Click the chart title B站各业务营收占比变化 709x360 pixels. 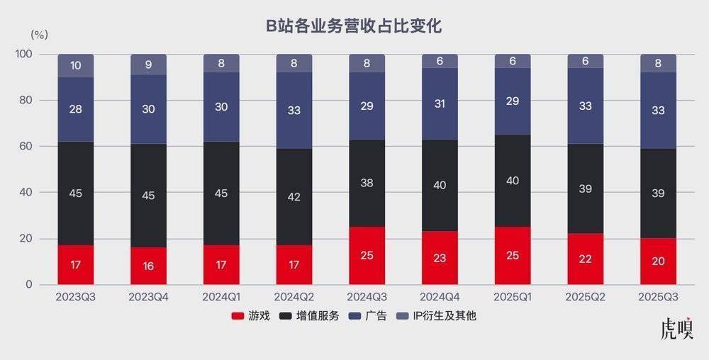(x=354, y=27)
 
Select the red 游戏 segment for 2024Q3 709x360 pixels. (x=367, y=255)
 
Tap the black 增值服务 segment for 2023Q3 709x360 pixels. (x=76, y=193)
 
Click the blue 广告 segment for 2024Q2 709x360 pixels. (x=294, y=110)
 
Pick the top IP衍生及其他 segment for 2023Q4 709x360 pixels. (x=149, y=64)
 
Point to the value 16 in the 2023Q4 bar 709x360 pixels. (x=149, y=266)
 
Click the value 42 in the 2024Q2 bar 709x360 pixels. (x=294, y=197)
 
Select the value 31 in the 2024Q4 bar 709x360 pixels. (x=440, y=104)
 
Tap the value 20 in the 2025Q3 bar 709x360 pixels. (x=658, y=261)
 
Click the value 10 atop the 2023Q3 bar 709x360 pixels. (x=76, y=66)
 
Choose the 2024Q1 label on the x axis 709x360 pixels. (x=221, y=296)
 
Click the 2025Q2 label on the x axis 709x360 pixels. (x=585, y=296)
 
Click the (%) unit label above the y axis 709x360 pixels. (x=39, y=33)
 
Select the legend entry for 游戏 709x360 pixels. (x=252, y=316)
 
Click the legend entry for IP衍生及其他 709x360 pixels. (x=437, y=316)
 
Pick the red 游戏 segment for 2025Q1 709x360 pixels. (x=512, y=255)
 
